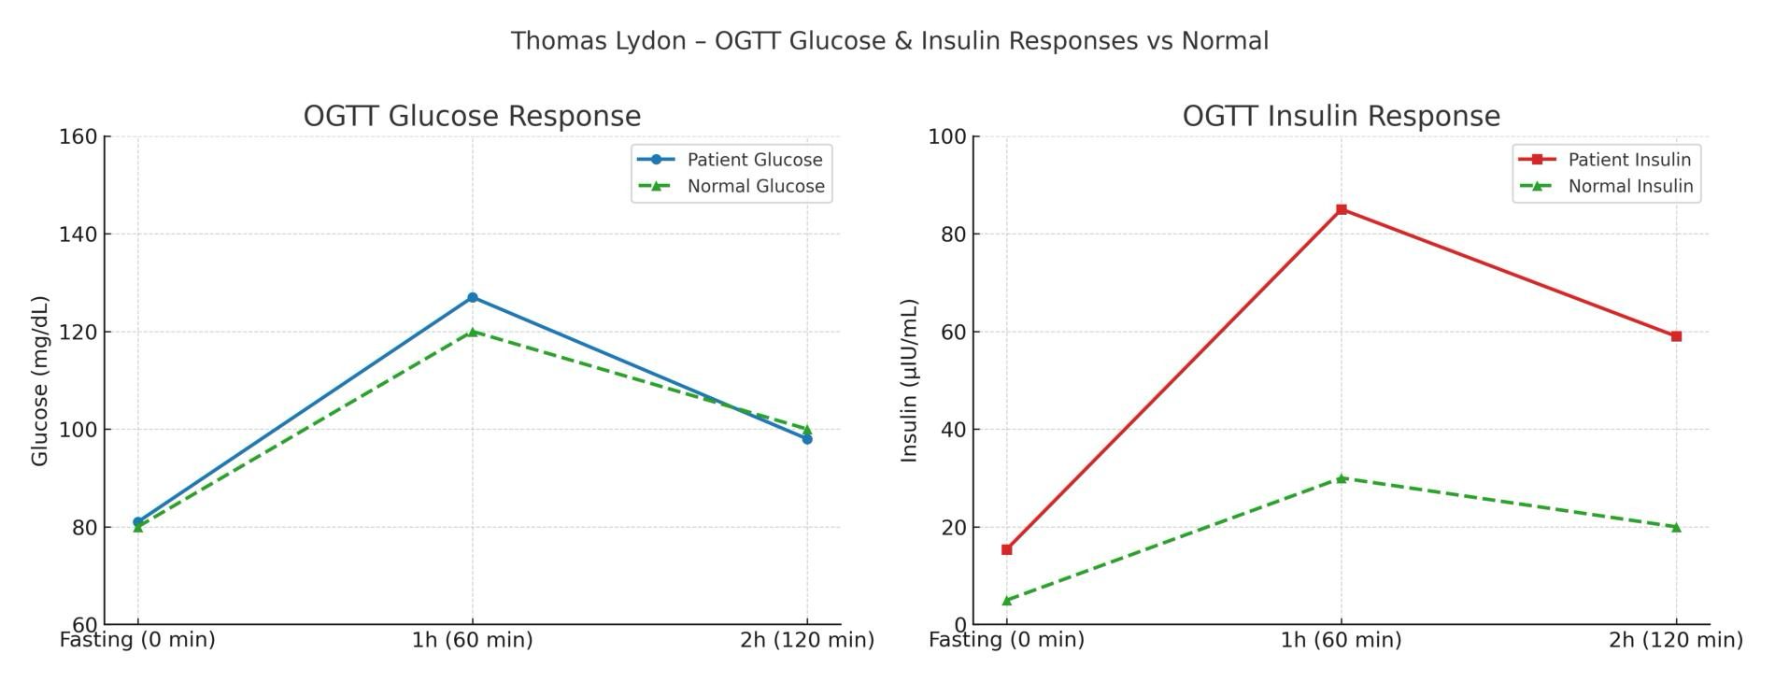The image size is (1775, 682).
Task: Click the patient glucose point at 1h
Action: coord(472,297)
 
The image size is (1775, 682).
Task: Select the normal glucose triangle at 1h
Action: coord(472,332)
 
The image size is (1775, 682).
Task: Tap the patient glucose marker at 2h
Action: coord(807,439)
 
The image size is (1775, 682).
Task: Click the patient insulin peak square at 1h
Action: coord(1342,209)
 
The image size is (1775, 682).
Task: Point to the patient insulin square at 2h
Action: coord(1676,336)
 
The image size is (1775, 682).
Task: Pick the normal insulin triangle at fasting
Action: coord(1006,600)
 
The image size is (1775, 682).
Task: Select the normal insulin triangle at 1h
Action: coord(1342,478)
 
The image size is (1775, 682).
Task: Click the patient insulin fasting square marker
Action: coord(1006,549)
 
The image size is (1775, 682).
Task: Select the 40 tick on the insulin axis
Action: coord(953,430)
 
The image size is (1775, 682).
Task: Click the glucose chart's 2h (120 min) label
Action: coord(807,640)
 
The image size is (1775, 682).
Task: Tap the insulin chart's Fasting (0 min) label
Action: coord(1006,640)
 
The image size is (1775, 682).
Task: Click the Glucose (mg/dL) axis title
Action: coord(39,380)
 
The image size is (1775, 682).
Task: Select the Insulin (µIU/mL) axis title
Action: coord(909,380)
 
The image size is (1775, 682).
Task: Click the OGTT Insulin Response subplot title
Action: coord(1341,116)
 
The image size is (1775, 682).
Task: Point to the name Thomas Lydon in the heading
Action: coord(598,41)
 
